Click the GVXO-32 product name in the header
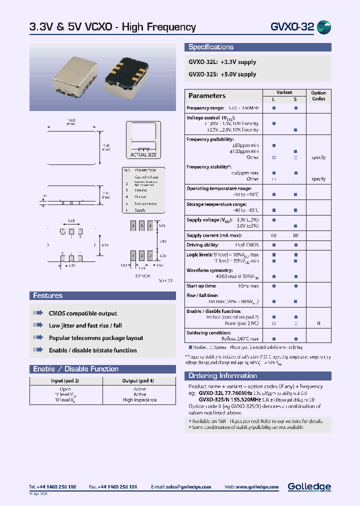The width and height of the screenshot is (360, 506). pyautogui.click(x=292, y=27)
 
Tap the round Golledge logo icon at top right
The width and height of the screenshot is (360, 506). pyautogui.click(x=324, y=27)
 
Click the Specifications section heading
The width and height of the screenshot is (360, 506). pyautogui.click(x=211, y=47)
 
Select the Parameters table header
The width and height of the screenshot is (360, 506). pyautogui.click(x=207, y=95)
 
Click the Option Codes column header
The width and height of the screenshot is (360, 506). pyautogui.click(x=318, y=95)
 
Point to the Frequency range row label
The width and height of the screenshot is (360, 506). pyautogui.click(x=205, y=108)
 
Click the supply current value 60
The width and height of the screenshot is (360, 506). pyautogui.click(x=273, y=235)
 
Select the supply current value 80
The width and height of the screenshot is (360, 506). pyautogui.click(x=295, y=235)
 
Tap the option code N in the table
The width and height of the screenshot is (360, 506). pyautogui.click(x=318, y=323)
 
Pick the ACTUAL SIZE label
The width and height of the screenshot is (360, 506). pyautogui.click(x=143, y=155)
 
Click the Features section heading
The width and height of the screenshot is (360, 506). pyautogui.click(x=48, y=295)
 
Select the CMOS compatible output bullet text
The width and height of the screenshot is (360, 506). pyautogui.click(x=83, y=313)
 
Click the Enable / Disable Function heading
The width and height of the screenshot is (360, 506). pyautogui.click(x=76, y=369)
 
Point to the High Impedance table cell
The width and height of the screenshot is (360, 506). pyautogui.click(x=139, y=400)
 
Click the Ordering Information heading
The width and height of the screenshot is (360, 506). pyautogui.click(x=222, y=376)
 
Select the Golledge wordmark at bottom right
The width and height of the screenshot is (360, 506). pyautogui.click(x=309, y=486)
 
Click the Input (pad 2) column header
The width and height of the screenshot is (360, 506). pyautogui.click(x=65, y=381)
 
